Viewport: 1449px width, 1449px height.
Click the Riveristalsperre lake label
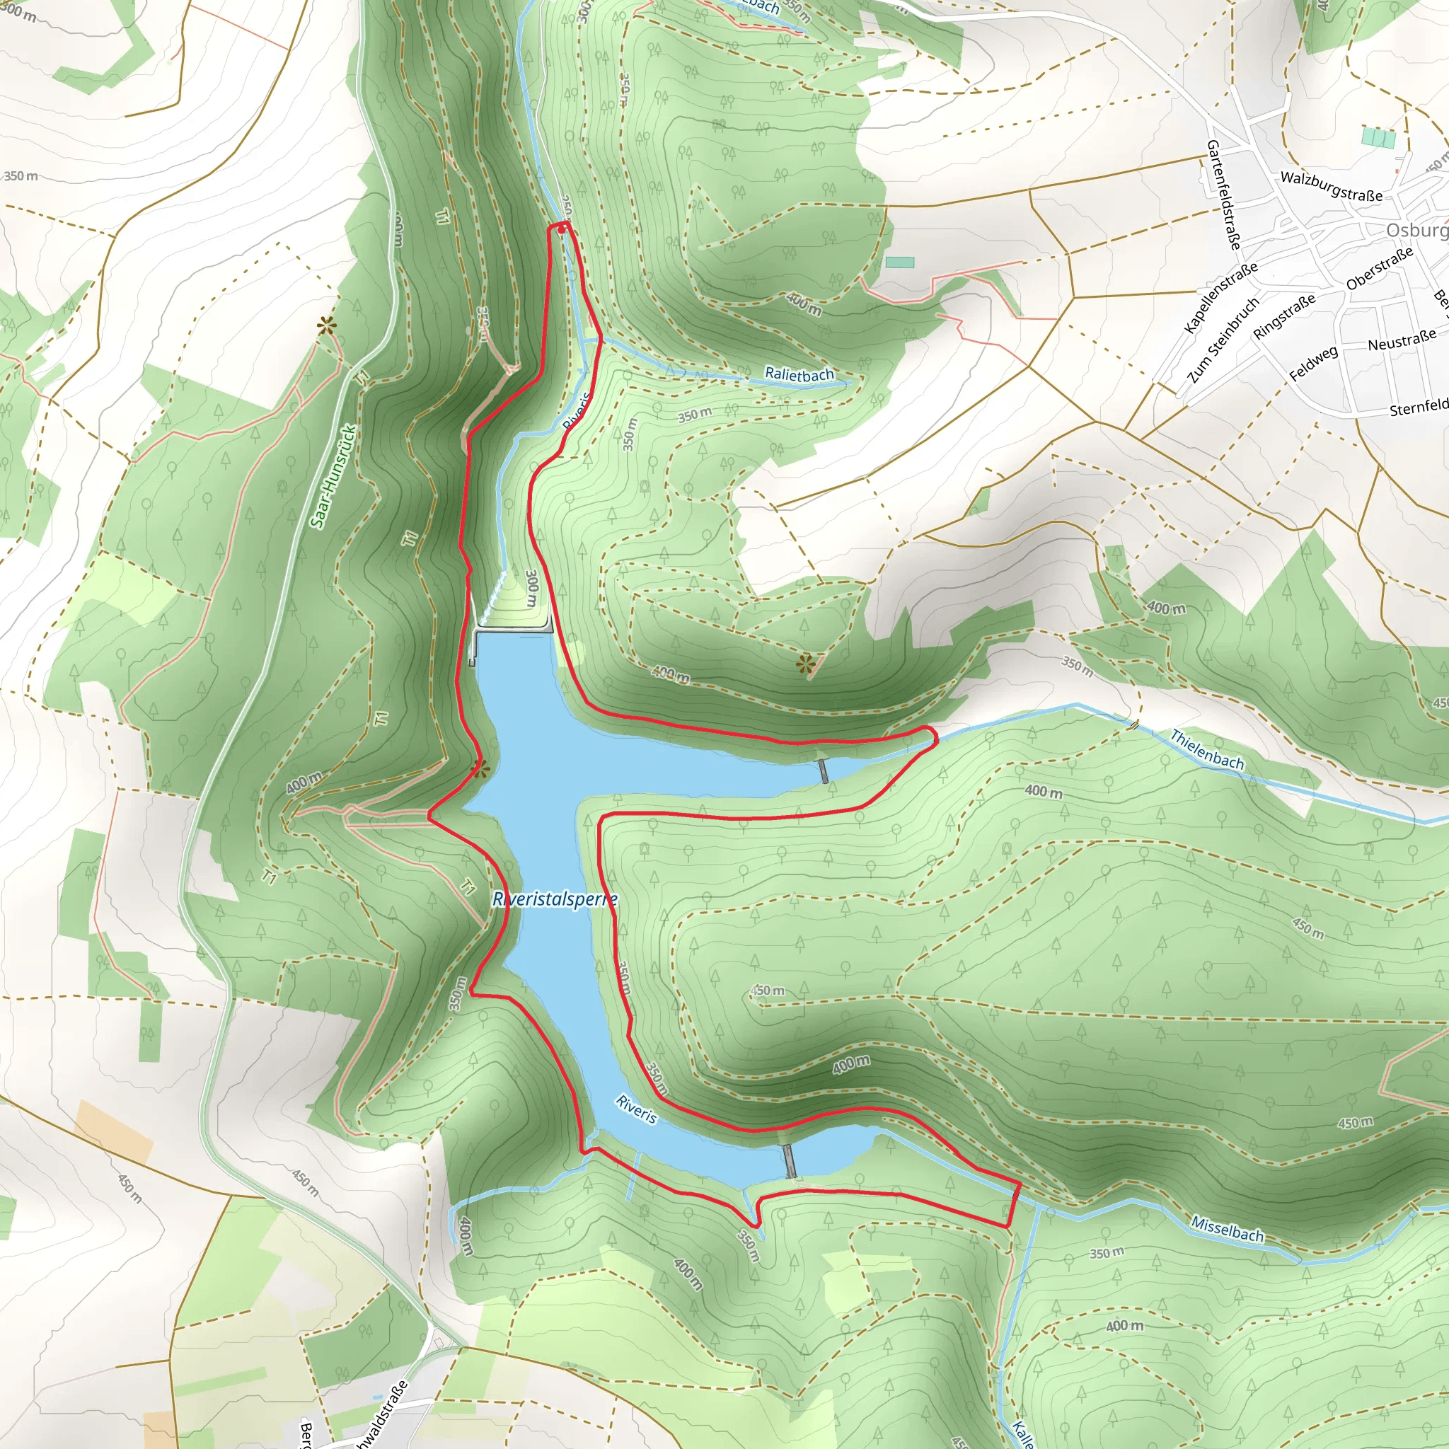[555, 899]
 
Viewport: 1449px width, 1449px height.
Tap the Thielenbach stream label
[1207, 749]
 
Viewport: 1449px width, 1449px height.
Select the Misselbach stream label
[1227, 1229]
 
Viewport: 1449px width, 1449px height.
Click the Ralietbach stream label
[799, 374]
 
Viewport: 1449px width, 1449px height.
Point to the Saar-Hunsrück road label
[334, 476]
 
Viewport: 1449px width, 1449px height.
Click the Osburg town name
[1416, 230]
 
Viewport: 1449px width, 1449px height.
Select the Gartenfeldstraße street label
[1223, 195]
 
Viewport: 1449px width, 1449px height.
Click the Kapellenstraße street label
[1220, 298]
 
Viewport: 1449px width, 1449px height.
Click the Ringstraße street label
[1284, 316]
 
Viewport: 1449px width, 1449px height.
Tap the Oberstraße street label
[1379, 268]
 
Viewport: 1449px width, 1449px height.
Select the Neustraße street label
[1402, 340]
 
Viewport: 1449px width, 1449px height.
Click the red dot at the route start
[562, 229]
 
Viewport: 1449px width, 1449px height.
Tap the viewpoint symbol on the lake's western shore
[480, 768]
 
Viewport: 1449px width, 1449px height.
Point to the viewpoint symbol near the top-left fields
[326, 325]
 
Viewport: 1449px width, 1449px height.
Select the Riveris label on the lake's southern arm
[636, 1109]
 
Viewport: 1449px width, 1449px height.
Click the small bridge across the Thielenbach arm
[824, 770]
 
